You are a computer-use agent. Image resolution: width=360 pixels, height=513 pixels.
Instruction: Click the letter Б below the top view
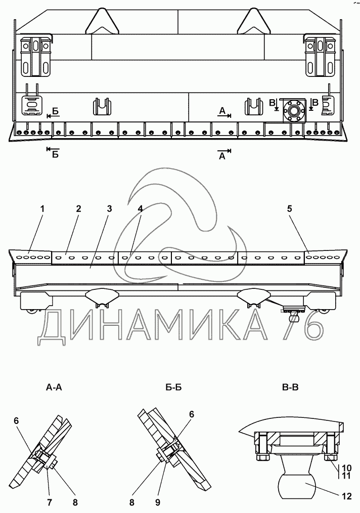pos(55,155)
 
